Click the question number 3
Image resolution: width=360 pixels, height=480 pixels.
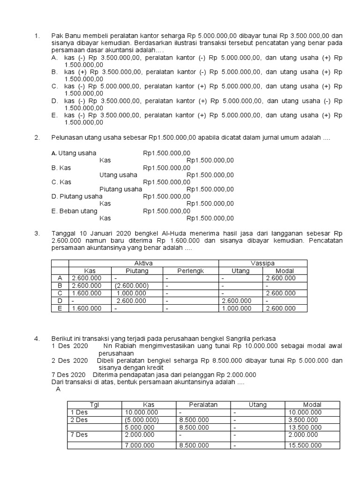pos(37,233)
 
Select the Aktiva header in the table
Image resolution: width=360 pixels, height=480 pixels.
pos(143,263)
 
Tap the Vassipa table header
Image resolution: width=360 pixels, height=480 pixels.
pos(262,263)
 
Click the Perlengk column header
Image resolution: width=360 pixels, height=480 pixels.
pos(191,271)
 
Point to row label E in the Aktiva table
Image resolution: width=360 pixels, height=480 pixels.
pos(60,308)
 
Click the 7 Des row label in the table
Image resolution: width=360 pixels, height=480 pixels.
pos(79,435)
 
